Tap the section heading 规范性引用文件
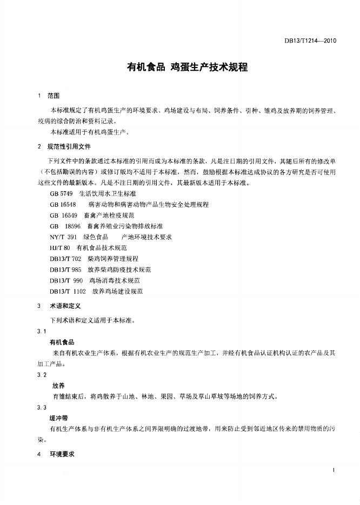pyautogui.click(x=69, y=147)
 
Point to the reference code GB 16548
pyautogui.click(x=63, y=205)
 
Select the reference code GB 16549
pyautogui.click(x=63, y=216)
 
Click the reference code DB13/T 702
pyautogui.click(x=65, y=259)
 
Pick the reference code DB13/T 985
pyautogui.click(x=65, y=269)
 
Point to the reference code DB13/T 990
pyautogui.click(x=66, y=280)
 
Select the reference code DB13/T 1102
pyautogui.click(x=68, y=291)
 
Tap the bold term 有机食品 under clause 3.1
pyautogui.click(x=62, y=342)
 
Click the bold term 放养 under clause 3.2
pyautogui.click(x=58, y=386)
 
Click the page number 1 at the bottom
pyautogui.click(x=335, y=472)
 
